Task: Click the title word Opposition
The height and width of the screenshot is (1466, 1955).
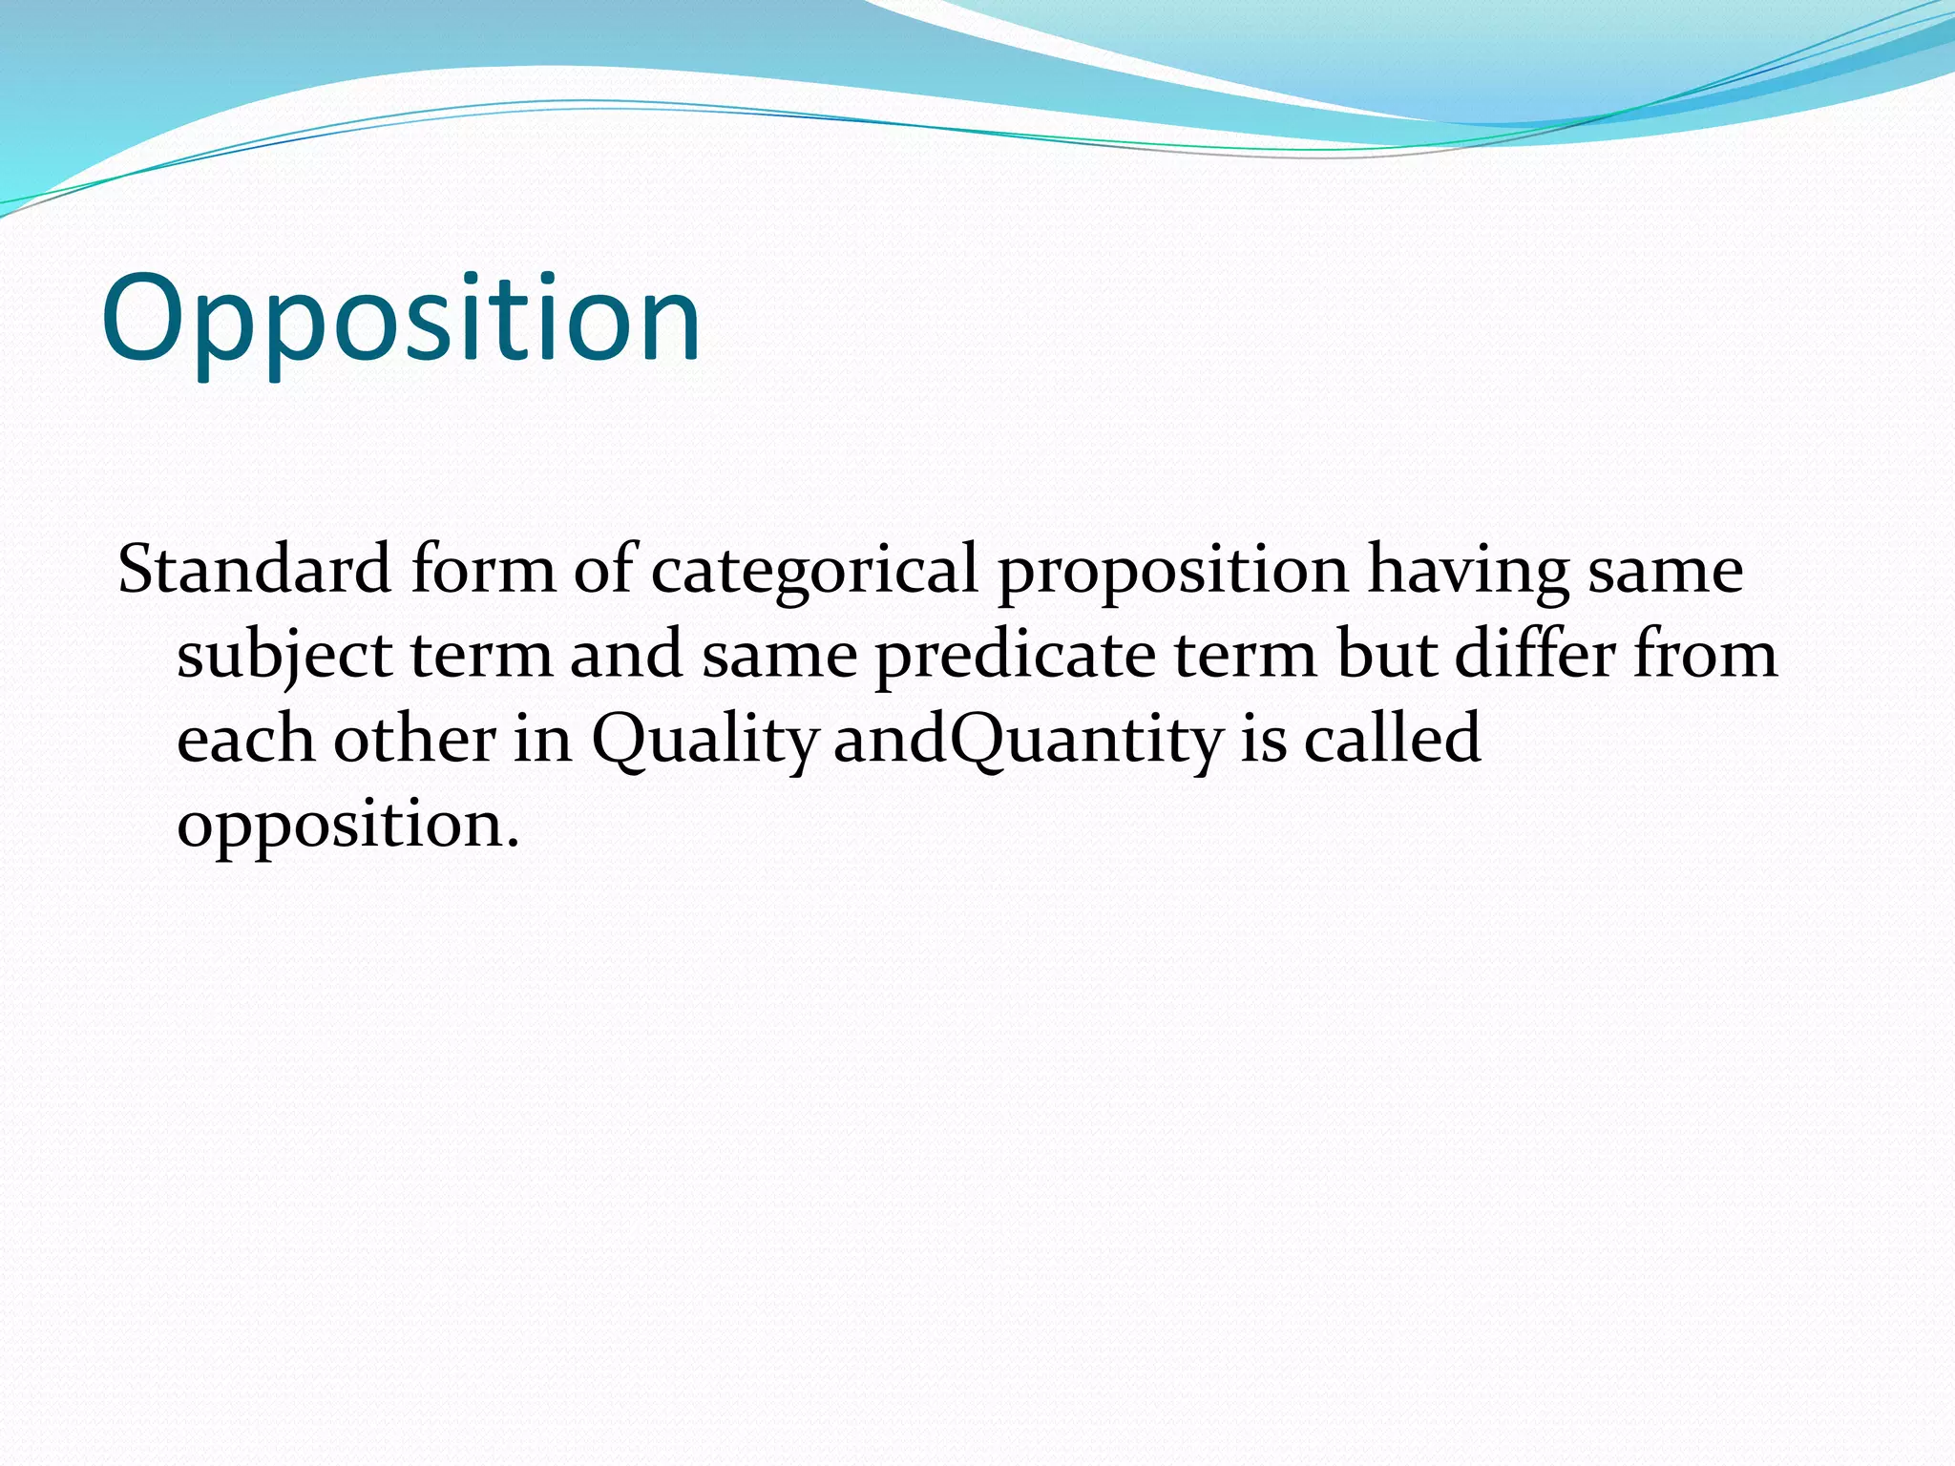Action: coord(401,320)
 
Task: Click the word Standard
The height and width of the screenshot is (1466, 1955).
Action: coord(254,570)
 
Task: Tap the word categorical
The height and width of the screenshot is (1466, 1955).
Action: coord(814,570)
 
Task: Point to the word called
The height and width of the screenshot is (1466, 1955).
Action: coord(1392,739)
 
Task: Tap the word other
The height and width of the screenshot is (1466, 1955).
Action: coord(414,739)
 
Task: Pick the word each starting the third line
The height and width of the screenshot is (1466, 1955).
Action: coord(245,739)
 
